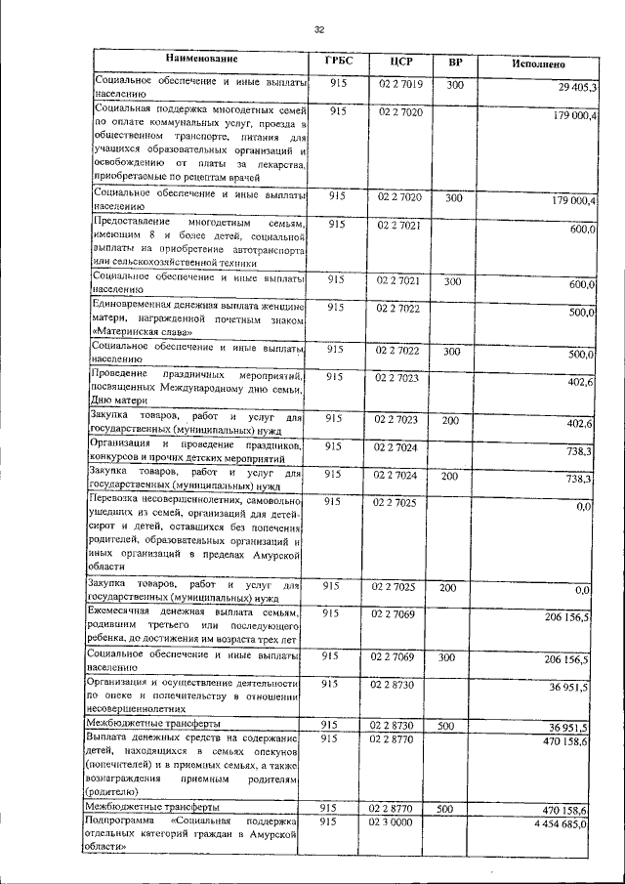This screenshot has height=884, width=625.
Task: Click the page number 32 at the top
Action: coord(318,29)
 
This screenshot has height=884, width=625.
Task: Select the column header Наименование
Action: coord(200,61)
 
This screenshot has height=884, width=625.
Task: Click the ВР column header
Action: coord(454,63)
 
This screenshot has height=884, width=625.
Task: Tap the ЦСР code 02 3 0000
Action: coord(394,822)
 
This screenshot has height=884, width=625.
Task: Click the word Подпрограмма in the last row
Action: coord(116,823)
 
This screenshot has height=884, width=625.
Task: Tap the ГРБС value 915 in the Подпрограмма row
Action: coord(329,822)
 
